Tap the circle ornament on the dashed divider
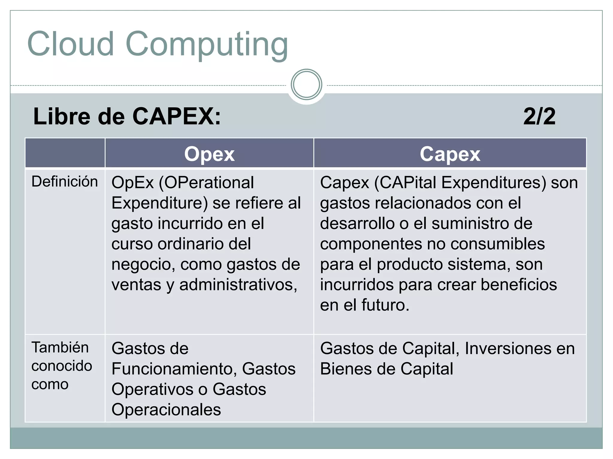coord(306,84)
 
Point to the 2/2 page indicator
coord(539,116)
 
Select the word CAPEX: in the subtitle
coord(177,116)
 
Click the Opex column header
coord(209,154)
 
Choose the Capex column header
coord(450,154)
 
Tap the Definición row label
coord(65,182)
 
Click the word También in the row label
coord(60,348)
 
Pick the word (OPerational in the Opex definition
coord(206,183)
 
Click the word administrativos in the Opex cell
coord(238,284)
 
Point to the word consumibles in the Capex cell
coord(497,244)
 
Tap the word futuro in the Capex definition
coord(385,305)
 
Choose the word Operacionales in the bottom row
coord(166,409)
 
